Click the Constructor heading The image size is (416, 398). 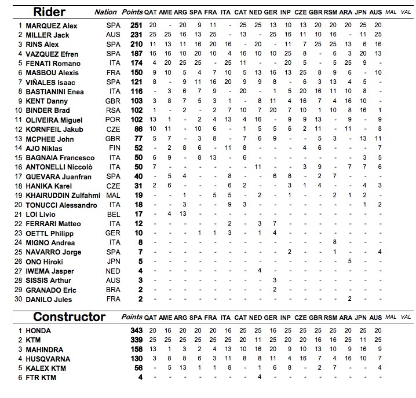pyautogui.click(x=69, y=316)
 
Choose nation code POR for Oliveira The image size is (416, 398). pyautogui.click(x=113, y=120)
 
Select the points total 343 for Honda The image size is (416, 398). pyautogui.click(x=136, y=330)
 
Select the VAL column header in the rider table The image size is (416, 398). pyautogui.click(x=406, y=12)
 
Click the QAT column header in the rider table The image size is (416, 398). pyautogui.click(x=152, y=12)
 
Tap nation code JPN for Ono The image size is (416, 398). pyautogui.click(x=113, y=261)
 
